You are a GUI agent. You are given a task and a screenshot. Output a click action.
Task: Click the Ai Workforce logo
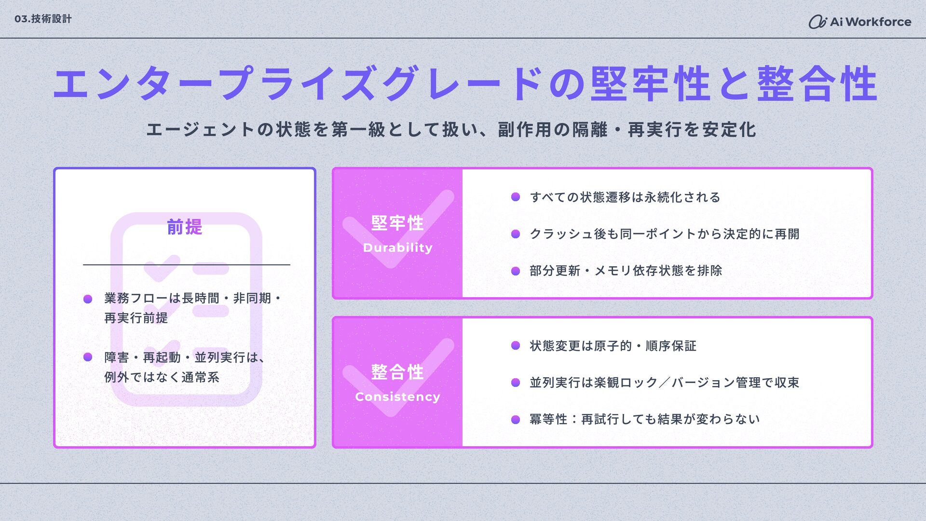coord(859,22)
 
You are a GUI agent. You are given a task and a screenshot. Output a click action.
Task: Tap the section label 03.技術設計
coord(43,19)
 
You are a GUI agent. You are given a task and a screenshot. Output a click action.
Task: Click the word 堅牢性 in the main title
coord(650,84)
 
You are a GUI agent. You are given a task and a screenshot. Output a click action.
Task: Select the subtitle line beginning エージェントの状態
coord(451,129)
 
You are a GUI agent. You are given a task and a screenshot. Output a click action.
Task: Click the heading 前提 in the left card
coord(184,227)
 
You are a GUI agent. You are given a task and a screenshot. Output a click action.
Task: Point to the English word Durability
coord(397,248)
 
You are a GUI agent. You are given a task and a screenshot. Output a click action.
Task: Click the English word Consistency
coord(397,397)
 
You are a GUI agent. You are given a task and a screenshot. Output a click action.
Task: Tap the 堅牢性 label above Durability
coord(397,223)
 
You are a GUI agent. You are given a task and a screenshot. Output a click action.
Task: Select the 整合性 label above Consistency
coord(397,372)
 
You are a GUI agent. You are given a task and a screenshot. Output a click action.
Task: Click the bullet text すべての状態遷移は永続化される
coord(625,197)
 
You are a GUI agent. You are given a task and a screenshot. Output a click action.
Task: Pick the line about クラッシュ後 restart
coord(664,234)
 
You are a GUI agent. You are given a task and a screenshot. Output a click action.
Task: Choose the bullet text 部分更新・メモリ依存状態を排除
coord(626,271)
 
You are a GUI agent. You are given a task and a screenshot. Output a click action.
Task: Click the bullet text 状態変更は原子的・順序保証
coord(613,346)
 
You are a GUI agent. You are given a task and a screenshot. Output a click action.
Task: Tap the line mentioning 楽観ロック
coord(664,383)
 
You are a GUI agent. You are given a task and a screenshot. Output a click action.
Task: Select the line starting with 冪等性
coord(644,419)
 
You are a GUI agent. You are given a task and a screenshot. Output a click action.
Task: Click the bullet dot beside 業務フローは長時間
coord(88,299)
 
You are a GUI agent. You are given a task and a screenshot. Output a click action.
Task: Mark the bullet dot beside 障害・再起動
coord(88,357)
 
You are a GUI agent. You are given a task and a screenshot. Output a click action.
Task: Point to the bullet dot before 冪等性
coord(516,419)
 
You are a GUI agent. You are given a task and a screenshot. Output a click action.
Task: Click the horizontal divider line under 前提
coord(186,265)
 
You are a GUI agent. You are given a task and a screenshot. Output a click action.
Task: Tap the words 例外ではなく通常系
coord(162,377)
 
